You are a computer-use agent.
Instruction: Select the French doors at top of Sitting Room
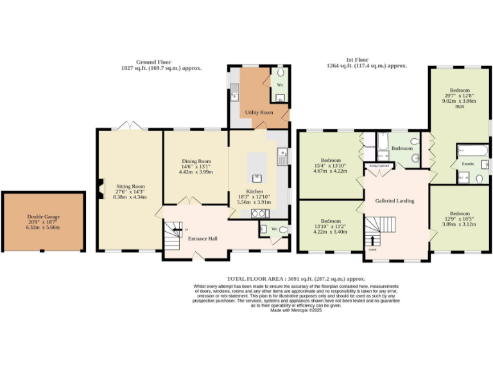pos(130,125)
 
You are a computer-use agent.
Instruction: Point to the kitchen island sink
pos(257,177)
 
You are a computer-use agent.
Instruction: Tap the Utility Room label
pos(259,112)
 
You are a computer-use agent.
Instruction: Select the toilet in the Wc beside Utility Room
pos(280,73)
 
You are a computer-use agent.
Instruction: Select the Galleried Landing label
pos(395,200)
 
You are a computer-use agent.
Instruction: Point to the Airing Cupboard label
pos(378,165)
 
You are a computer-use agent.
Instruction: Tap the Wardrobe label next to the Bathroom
pos(370,146)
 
